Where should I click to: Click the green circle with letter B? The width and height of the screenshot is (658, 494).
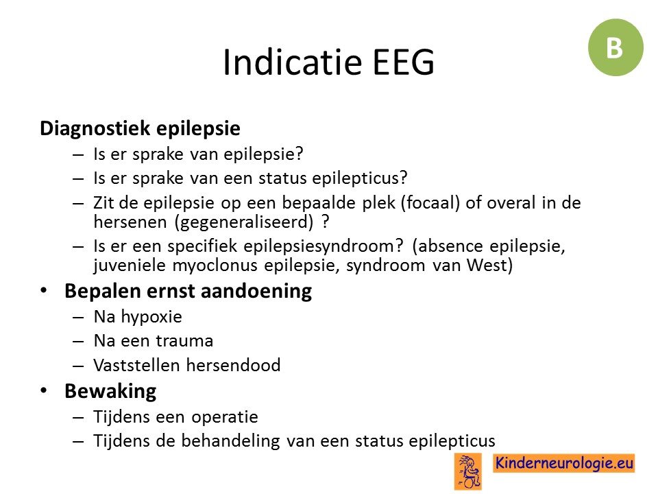point(616,47)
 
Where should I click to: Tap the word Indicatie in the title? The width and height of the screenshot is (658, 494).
point(292,62)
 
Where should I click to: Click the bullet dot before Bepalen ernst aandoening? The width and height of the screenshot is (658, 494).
point(44,291)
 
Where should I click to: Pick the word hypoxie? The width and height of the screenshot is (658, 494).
point(151,318)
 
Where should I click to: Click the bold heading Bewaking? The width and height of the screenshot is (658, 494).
point(110,392)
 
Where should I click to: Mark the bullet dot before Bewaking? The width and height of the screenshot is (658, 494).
point(44,390)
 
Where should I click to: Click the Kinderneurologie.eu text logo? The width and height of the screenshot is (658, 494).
point(563,463)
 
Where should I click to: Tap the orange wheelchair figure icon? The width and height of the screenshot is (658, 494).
point(468,471)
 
